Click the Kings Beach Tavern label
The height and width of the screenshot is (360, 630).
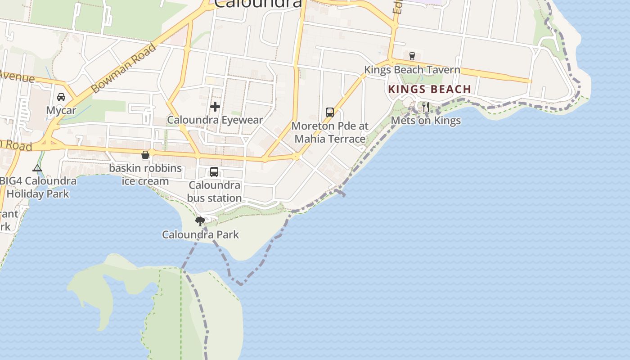point(412,70)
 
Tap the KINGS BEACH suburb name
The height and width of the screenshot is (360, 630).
point(429,89)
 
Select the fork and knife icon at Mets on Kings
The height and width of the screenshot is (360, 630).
point(426,107)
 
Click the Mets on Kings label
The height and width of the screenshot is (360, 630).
point(426,121)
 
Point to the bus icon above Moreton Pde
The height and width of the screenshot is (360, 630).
point(330,112)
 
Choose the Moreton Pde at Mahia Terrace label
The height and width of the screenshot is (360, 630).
point(330,132)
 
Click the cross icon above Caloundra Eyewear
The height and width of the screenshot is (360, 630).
point(215,107)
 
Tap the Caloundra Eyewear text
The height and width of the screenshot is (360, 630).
point(215,120)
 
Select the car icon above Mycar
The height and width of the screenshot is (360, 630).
point(61,97)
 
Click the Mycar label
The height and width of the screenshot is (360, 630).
point(61,110)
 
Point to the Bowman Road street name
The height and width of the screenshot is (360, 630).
point(123,68)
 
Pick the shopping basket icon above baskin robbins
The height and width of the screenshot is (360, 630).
point(145,155)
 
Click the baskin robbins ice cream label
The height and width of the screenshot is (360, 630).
point(145,175)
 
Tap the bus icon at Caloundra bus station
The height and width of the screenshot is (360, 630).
point(214,172)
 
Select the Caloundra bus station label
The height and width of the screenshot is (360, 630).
point(214,192)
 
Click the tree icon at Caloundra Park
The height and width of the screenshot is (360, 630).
point(200,221)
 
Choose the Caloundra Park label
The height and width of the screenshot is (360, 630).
point(200,234)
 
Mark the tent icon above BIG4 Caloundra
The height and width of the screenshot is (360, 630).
point(37,168)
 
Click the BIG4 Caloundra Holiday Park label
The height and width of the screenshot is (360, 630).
point(38,188)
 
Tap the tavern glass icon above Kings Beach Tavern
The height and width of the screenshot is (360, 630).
point(412,56)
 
